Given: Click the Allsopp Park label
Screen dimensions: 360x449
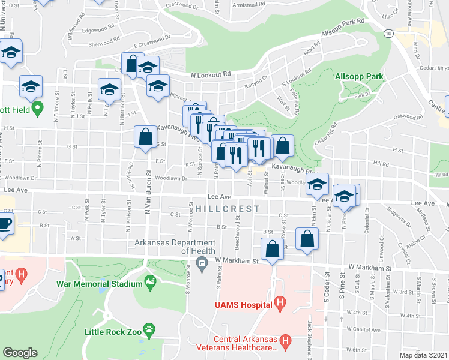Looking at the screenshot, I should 359,77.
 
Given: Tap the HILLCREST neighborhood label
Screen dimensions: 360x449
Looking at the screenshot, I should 227,209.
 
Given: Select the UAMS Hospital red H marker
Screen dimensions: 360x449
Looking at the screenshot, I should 279,304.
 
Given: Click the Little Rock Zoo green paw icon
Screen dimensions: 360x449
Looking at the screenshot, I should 148,328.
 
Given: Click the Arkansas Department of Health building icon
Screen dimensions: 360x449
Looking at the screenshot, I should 202,262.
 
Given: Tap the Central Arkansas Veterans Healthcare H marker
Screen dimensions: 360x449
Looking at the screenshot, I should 285,341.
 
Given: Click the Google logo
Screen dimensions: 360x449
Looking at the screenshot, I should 20,353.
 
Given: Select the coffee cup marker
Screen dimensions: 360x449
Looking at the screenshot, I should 4,224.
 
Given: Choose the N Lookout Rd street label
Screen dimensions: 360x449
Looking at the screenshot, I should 211,75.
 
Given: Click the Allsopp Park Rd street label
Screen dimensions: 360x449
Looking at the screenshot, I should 343,28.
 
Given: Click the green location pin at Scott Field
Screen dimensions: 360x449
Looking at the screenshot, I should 37,109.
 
